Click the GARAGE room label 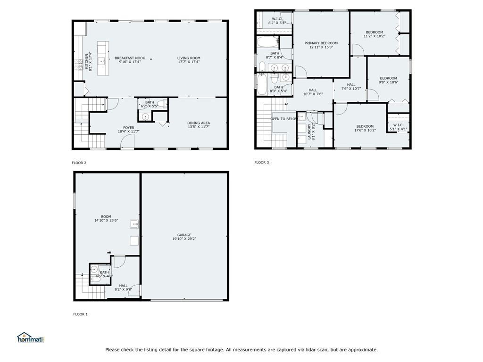pos(184,235)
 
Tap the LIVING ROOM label pos(189,58)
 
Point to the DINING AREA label pos(199,123)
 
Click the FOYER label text pos(129,127)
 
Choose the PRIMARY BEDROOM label pos(323,43)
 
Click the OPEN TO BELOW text pos(284,119)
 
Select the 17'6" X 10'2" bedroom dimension pos(365,130)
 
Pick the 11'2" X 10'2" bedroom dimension pos(374,36)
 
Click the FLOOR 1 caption pos(80,314)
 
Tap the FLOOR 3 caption pos(261,163)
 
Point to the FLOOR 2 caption pos(79,163)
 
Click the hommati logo pos(30,337)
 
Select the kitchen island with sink pos(102,58)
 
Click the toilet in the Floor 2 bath pos(160,104)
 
